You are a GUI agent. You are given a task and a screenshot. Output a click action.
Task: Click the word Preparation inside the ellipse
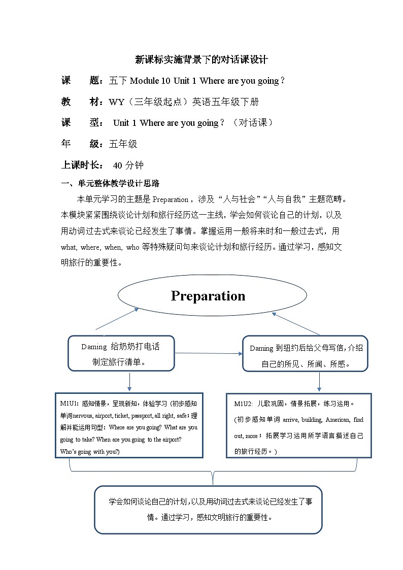click(x=208, y=296)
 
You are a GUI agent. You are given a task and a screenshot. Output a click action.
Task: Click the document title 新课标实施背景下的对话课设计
click(x=201, y=59)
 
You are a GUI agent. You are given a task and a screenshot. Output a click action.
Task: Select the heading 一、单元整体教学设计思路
click(x=110, y=184)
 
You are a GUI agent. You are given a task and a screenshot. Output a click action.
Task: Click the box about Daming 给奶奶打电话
click(x=121, y=354)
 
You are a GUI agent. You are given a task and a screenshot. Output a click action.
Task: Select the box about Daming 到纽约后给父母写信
click(x=306, y=355)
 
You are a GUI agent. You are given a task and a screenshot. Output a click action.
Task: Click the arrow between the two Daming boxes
click(x=209, y=353)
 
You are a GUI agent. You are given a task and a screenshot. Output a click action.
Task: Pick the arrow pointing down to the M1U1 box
click(x=129, y=382)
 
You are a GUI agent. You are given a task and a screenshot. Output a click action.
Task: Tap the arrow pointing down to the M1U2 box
click(x=319, y=382)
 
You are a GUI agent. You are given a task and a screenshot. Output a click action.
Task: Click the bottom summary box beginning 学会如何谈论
click(x=208, y=510)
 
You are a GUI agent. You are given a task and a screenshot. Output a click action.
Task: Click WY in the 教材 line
click(x=116, y=102)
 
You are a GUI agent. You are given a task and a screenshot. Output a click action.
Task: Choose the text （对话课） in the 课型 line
click(x=252, y=123)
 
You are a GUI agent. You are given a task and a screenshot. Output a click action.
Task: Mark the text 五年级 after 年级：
click(x=123, y=144)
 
